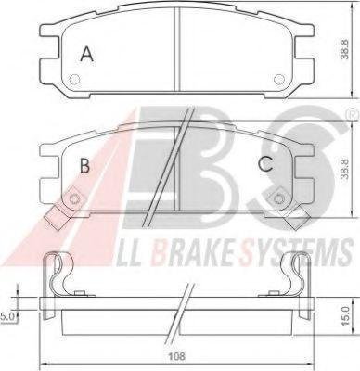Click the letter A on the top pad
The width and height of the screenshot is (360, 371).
(87, 54)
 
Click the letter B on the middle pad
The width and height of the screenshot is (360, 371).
(84, 165)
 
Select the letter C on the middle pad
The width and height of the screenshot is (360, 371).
(266, 164)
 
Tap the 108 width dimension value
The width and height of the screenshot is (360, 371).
(177, 356)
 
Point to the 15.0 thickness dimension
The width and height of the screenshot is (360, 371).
(345, 315)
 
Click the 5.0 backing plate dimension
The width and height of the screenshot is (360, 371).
(6, 316)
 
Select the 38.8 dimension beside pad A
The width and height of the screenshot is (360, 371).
(345, 49)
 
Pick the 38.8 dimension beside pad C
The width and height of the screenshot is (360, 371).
(345, 169)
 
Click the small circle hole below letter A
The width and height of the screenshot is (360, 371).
(74, 80)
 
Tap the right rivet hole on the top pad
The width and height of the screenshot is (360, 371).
(278, 80)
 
